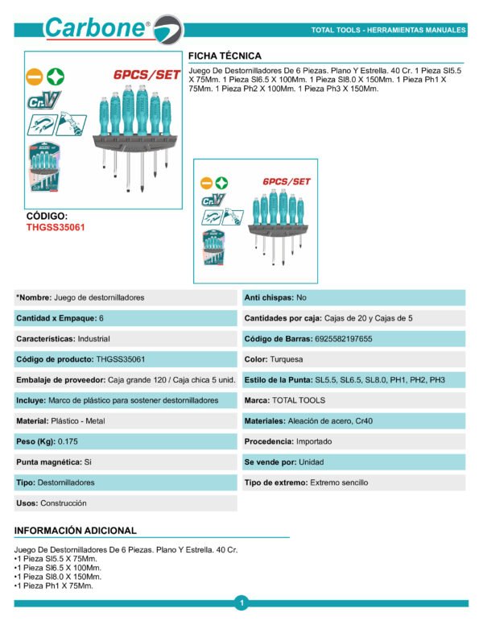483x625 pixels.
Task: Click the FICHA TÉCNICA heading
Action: point(225,56)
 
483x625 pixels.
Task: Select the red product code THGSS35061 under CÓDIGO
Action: point(56,227)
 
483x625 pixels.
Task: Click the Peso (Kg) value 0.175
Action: point(64,441)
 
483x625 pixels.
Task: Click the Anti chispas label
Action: point(268,298)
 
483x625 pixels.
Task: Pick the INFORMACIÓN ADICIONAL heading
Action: point(76,531)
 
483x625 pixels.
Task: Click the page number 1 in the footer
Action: point(242,602)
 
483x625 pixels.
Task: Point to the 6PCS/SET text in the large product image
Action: point(147,74)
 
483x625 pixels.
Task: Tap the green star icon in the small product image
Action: point(221,183)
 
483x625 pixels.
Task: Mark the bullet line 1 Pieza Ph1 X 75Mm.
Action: point(55,586)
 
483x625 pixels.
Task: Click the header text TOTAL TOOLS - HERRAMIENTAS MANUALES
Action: point(388,31)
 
